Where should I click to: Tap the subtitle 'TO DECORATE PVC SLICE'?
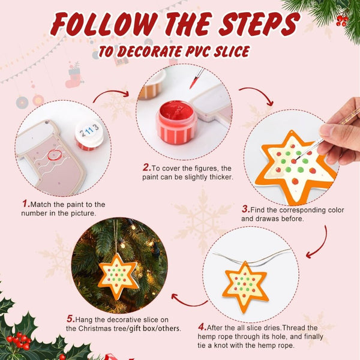point(174,51)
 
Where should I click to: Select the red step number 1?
point(25,204)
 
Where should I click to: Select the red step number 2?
point(146,168)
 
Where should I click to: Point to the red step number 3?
point(245,209)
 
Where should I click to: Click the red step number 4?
point(202,327)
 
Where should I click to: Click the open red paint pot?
point(176,122)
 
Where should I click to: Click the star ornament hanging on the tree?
point(118,275)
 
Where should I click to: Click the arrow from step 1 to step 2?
point(111,95)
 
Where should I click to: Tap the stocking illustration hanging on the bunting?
point(73,77)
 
